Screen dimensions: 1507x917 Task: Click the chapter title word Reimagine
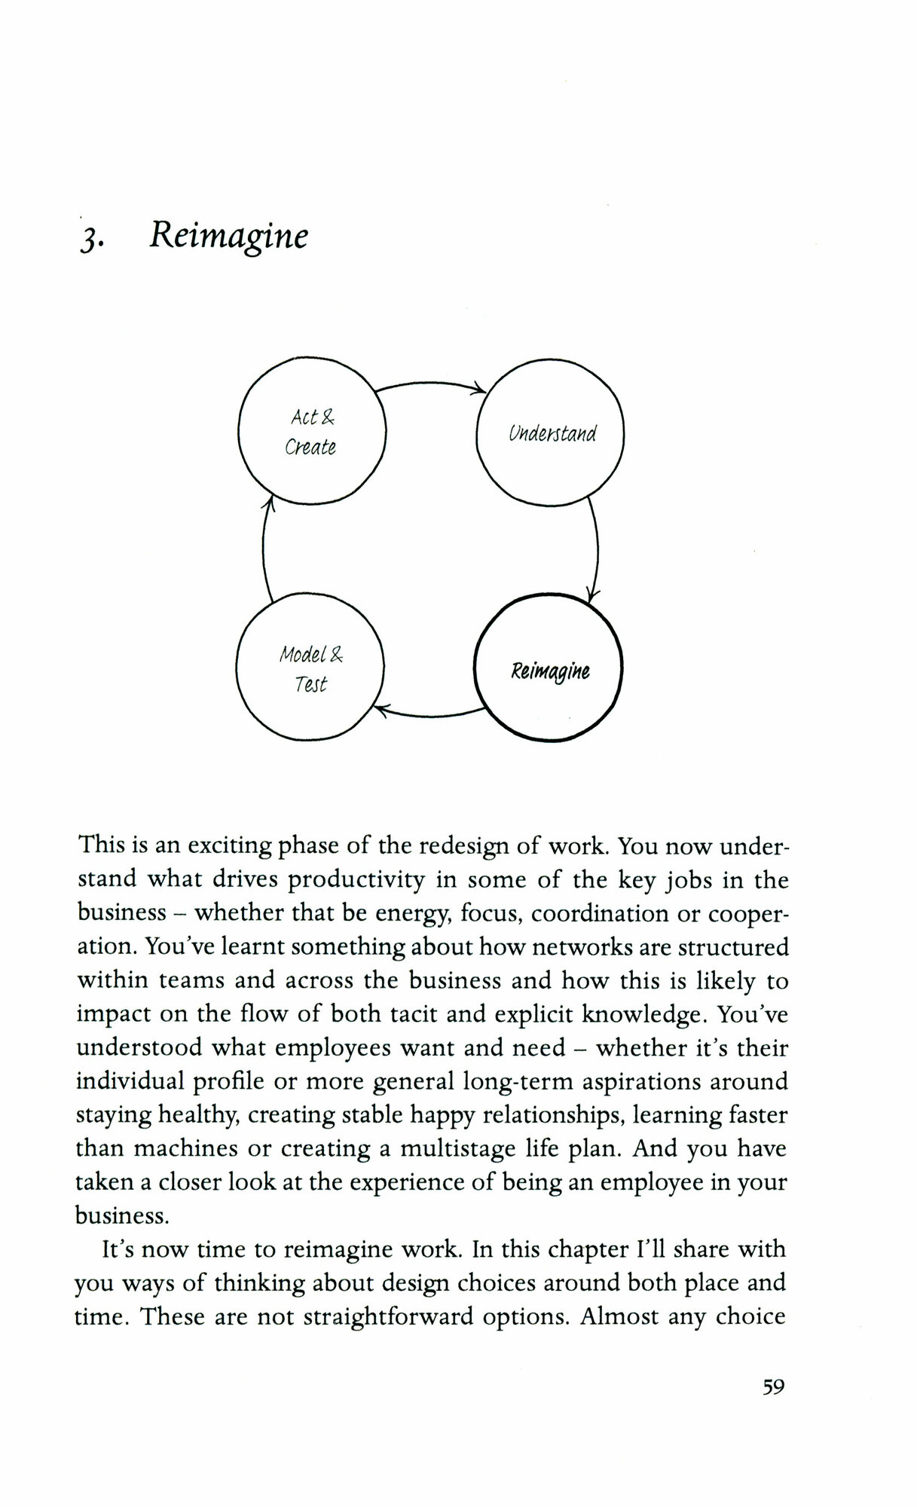click(x=228, y=236)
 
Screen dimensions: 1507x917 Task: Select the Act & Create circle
click(x=311, y=430)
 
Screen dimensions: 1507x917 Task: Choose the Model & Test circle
click(x=310, y=668)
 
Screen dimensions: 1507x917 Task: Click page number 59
click(x=773, y=1386)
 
